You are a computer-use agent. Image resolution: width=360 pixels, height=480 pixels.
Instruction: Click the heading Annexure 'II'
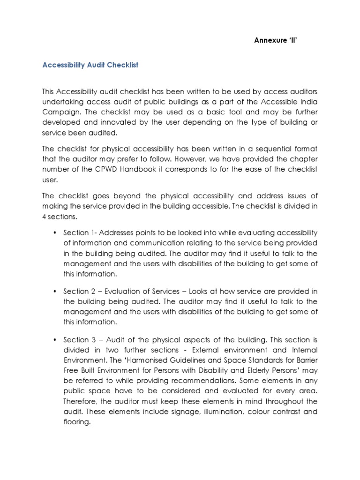276,40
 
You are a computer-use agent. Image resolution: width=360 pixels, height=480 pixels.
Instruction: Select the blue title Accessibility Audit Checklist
90,65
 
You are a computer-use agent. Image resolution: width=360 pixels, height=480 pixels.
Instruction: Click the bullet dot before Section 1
55,233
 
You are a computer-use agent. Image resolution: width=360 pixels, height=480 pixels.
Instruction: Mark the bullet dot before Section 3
55,339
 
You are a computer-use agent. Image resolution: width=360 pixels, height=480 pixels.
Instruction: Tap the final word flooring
77,422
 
